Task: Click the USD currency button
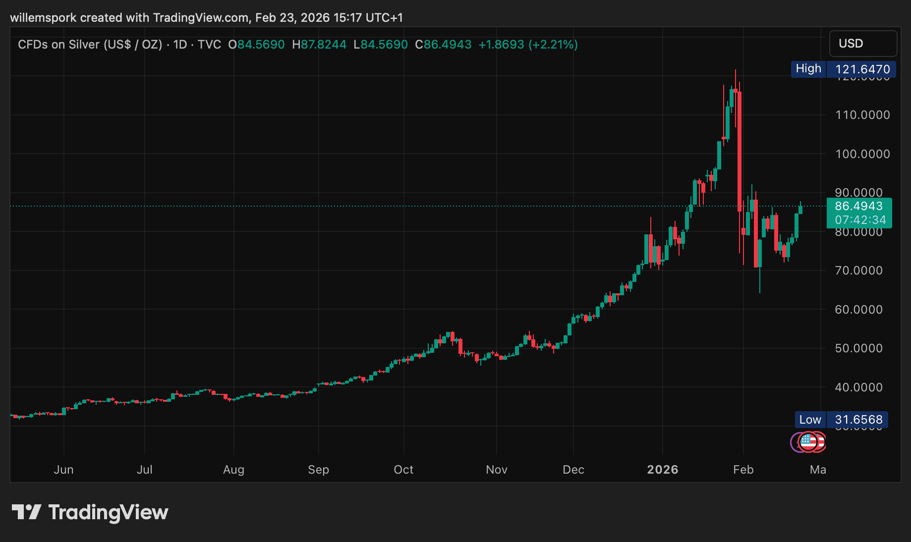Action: click(x=862, y=44)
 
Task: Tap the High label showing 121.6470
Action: click(x=843, y=69)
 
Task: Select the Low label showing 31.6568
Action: click(x=841, y=420)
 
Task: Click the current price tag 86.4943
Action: click(x=859, y=206)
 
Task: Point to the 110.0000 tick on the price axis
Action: click(x=862, y=115)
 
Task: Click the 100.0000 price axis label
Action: click(x=862, y=154)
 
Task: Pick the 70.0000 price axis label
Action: click(x=859, y=271)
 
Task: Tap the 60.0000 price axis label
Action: click(x=859, y=310)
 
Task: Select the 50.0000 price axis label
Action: click(x=859, y=348)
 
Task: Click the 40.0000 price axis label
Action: click(x=859, y=387)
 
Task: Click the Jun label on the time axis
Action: click(x=63, y=470)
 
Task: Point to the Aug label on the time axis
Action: click(x=233, y=470)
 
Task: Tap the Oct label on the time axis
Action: click(x=403, y=470)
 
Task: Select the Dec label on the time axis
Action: click(x=573, y=470)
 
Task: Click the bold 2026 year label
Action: click(x=663, y=470)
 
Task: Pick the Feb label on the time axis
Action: click(x=743, y=470)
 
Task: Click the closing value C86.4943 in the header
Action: click(x=444, y=45)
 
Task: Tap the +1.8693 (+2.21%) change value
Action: click(x=528, y=45)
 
